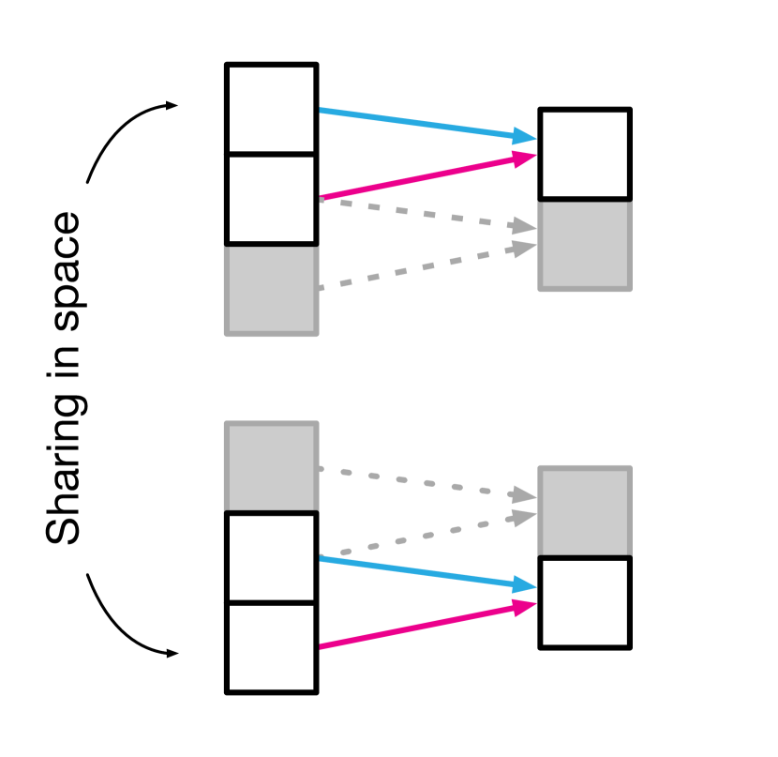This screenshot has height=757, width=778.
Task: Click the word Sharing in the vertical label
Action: (64, 469)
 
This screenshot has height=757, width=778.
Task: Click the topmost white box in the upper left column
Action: (272, 109)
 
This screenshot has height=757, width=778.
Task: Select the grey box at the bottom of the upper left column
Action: (272, 289)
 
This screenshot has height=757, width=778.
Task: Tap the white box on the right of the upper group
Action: (585, 154)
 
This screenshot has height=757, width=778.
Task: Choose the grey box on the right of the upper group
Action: (585, 244)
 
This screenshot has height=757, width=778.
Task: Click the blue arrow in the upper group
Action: (422, 124)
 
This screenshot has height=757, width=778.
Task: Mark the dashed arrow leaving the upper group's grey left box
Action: (422, 266)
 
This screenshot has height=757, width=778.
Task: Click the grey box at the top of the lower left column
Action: (272, 468)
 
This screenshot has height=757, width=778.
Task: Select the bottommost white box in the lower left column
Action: (272, 647)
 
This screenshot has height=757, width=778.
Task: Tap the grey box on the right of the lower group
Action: (585, 512)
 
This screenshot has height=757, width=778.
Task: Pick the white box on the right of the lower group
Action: (585, 603)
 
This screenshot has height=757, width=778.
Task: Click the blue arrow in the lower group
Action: (422, 572)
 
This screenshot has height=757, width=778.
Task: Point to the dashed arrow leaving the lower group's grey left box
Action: (422, 480)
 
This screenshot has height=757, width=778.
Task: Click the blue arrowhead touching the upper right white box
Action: (525, 138)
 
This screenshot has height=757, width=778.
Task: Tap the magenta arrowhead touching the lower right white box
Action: (525, 605)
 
